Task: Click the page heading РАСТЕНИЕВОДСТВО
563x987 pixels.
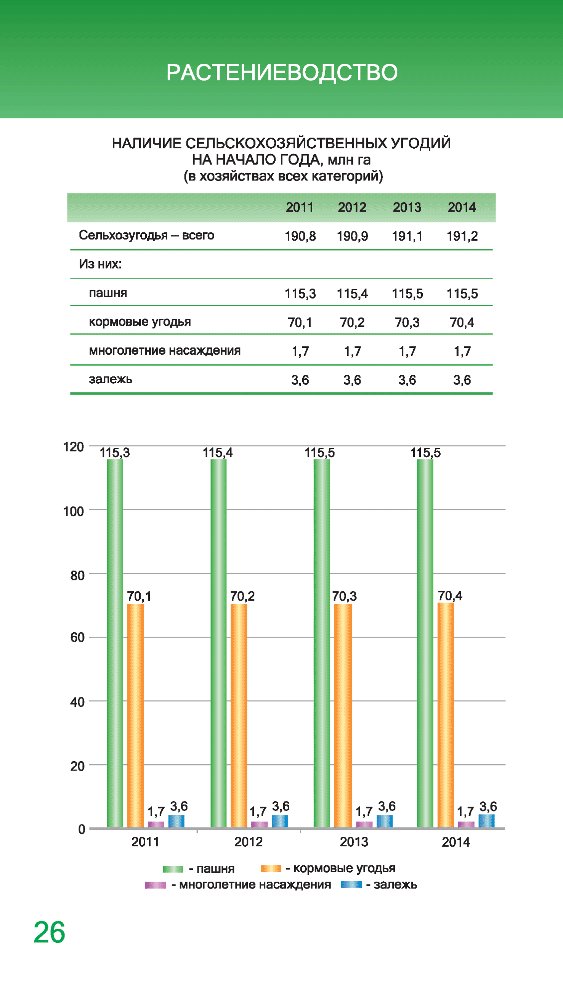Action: click(x=281, y=72)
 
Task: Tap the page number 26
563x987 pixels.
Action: click(x=50, y=932)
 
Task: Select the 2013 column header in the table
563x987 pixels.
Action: click(x=407, y=207)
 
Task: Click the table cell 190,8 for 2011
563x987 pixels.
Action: click(x=300, y=236)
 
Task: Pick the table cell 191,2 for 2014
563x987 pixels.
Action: click(x=462, y=236)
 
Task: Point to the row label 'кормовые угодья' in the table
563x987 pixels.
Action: click(x=140, y=322)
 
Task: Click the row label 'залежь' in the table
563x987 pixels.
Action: click(x=111, y=379)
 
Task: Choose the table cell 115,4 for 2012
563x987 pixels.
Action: click(x=352, y=294)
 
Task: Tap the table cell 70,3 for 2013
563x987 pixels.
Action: click(x=407, y=322)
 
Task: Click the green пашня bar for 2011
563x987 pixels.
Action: click(x=115, y=642)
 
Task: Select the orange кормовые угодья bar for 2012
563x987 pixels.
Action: click(x=239, y=715)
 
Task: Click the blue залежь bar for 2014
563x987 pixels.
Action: click(x=486, y=821)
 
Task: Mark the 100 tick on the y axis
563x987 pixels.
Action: click(x=74, y=511)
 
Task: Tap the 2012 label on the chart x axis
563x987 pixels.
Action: click(x=248, y=842)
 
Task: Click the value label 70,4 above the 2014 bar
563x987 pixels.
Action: click(x=450, y=596)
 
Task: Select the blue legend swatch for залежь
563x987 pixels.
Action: click(x=351, y=884)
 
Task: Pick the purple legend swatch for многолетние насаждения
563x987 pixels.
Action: click(x=155, y=885)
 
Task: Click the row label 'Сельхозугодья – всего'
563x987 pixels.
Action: click(x=146, y=235)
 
